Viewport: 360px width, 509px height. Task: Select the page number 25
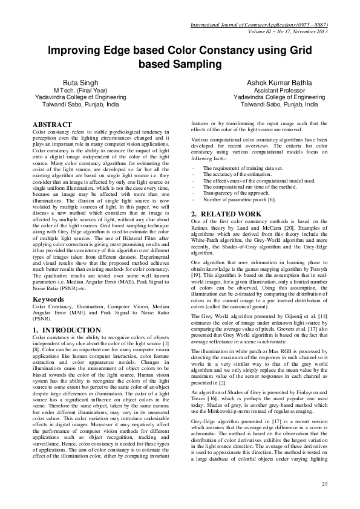point(324,485)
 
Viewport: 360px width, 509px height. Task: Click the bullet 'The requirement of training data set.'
point(235,167)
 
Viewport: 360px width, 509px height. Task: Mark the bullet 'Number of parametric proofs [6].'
point(231,198)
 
